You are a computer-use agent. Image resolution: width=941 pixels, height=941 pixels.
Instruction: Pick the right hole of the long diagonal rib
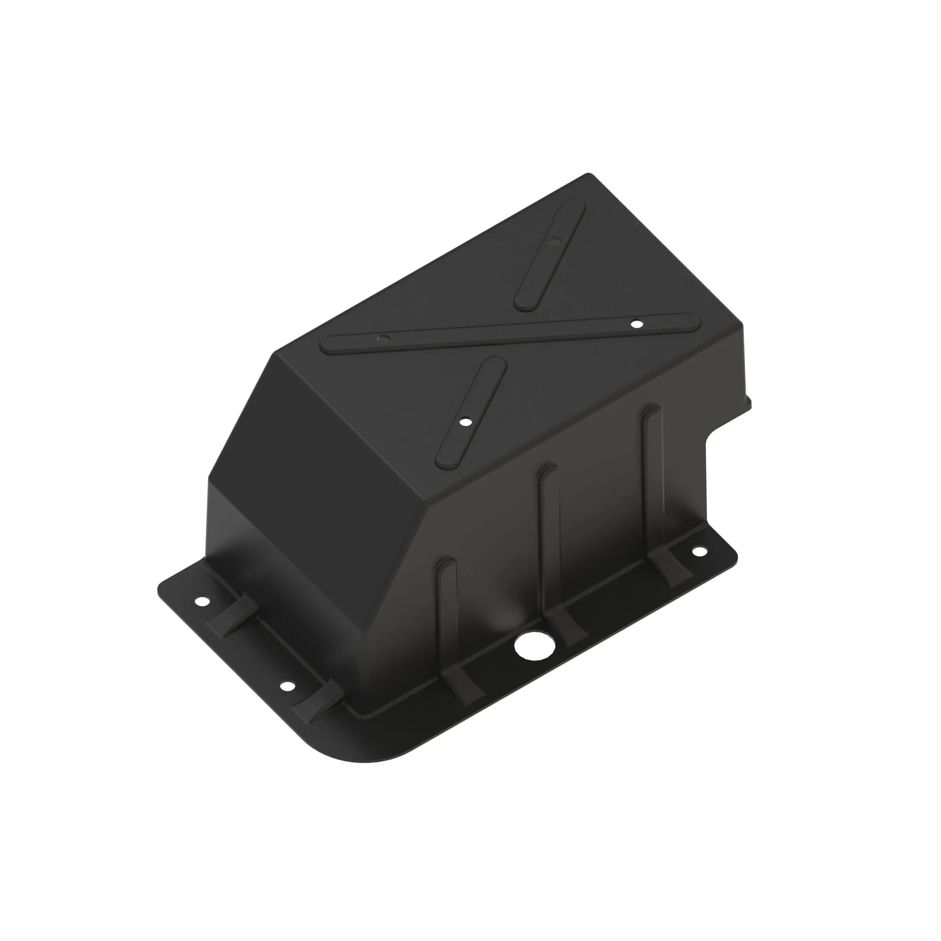click(636, 323)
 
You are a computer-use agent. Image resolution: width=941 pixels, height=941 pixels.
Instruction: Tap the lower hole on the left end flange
click(287, 686)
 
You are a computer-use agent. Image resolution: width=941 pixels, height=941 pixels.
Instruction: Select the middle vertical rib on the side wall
click(549, 541)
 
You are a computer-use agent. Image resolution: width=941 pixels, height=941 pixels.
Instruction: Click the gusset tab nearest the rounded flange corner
click(319, 702)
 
